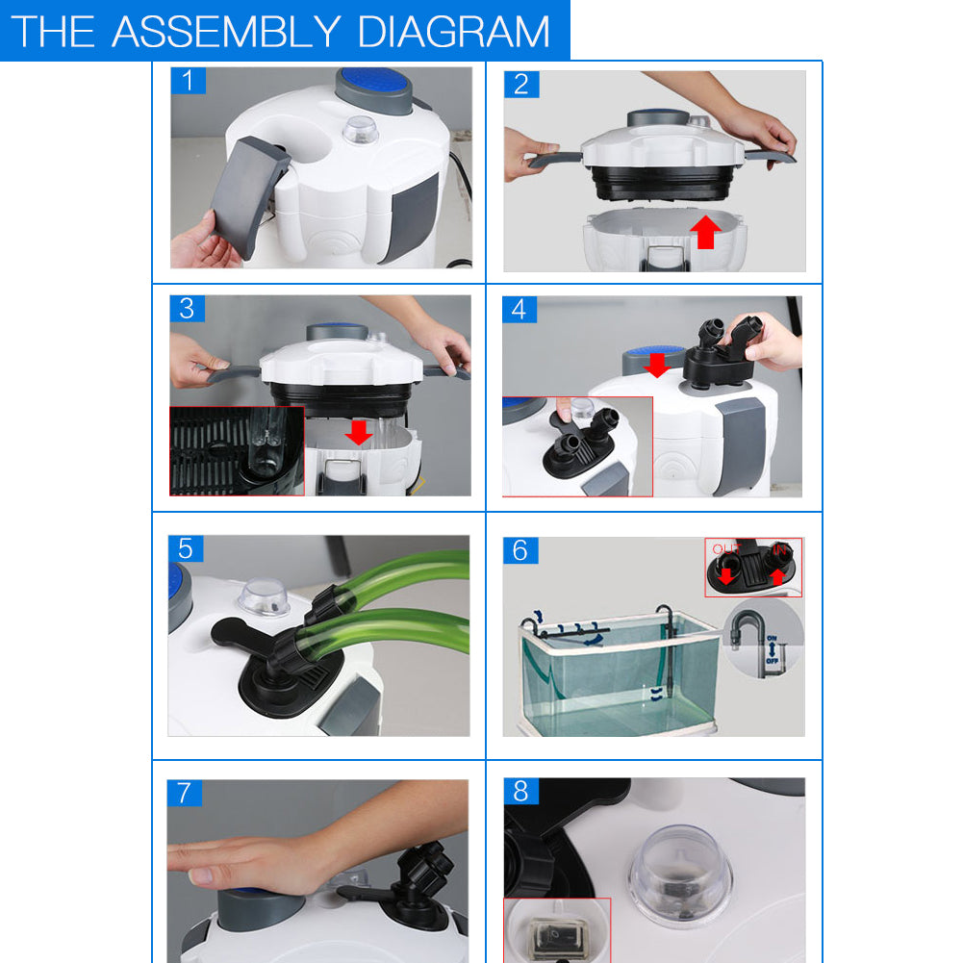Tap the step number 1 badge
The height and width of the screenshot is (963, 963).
[x=189, y=81]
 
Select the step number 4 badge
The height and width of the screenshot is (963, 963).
[x=520, y=310]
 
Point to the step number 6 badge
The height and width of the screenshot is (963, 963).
[x=520, y=550]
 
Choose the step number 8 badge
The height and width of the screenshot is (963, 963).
[x=520, y=791]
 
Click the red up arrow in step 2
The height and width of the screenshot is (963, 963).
[x=707, y=232]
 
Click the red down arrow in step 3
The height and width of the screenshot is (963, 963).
[x=359, y=432]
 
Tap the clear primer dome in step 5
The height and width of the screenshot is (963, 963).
[x=265, y=595]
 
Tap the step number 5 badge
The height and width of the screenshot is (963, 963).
[x=185, y=549]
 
